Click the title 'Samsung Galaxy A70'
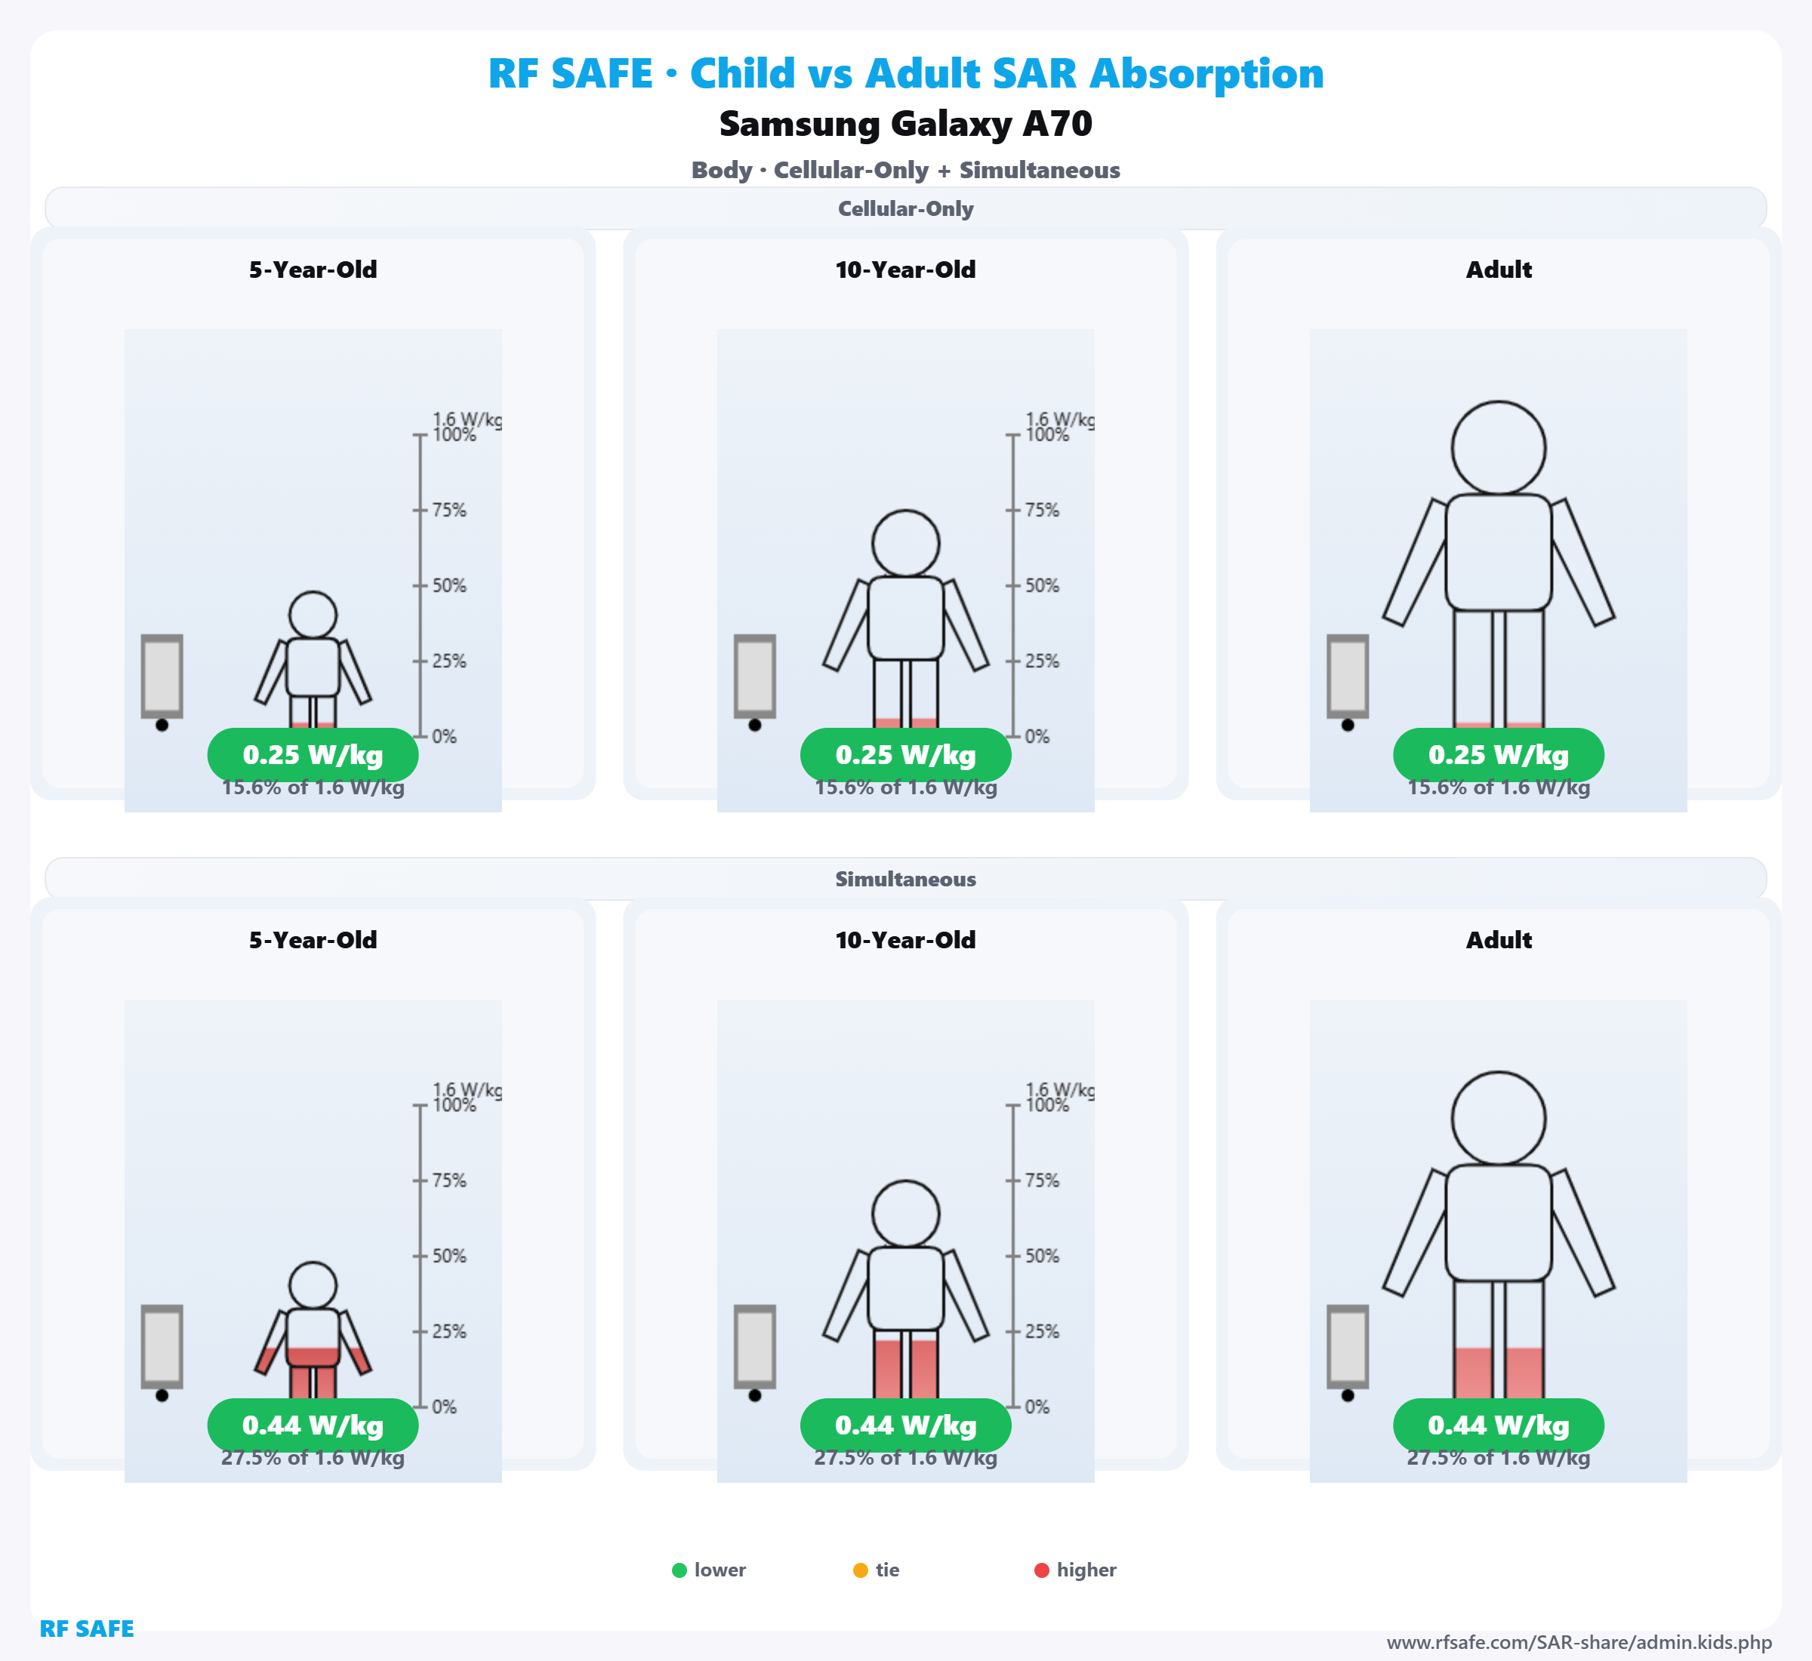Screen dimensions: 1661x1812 [x=905, y=124]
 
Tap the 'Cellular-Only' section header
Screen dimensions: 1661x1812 [x=905, y=208]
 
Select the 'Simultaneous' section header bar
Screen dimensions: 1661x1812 [x=905, y=879]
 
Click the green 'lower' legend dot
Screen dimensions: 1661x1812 [x=679, y=1570]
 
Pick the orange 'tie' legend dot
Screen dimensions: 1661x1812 [x=860, y=1570]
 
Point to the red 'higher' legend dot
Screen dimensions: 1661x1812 [x=1042, y=1570]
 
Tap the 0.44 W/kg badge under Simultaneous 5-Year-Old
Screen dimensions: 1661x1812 [x=313, y=1425]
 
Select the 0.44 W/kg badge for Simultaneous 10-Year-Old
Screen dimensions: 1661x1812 [x=905, y=1425]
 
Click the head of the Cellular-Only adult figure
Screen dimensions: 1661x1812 [x=1499, y=448]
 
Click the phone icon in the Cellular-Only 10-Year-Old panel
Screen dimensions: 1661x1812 [x=755, y=676]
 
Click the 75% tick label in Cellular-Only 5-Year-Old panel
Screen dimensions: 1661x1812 [x=448, y=510]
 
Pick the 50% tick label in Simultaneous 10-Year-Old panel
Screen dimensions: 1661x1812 [x=1042, y=1256]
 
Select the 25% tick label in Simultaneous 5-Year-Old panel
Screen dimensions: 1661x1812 [x=448, y=1332]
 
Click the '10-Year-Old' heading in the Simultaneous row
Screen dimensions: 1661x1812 [x=905, y=940]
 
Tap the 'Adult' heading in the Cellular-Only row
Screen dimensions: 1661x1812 [x=1499, y=270]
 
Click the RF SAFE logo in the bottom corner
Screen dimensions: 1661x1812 [x=86, y=1629]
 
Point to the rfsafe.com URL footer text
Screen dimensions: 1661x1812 [x=1579, y=1643]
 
